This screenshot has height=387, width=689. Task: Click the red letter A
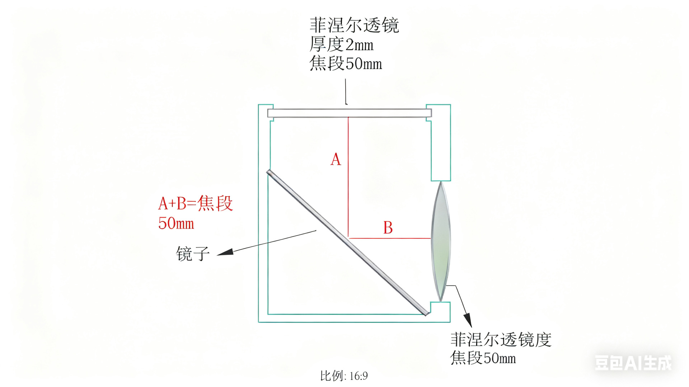336,159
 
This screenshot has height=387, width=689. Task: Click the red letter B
388,228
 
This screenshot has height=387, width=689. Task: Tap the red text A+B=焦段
196,203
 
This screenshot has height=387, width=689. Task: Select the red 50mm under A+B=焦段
176,223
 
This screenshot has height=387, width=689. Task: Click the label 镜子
193,254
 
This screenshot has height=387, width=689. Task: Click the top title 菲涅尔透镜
354,25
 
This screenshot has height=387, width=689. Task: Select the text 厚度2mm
341,45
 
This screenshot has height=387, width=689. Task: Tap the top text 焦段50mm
346,64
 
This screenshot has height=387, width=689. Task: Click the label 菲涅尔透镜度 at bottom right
501,339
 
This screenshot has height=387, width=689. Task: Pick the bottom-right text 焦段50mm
483,358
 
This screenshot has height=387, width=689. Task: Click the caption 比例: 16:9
344,376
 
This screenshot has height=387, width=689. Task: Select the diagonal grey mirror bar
347,243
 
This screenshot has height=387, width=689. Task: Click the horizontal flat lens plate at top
349,113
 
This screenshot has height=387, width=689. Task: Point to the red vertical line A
348,187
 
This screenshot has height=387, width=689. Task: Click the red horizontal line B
389,238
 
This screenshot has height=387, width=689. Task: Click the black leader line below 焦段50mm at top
346,91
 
